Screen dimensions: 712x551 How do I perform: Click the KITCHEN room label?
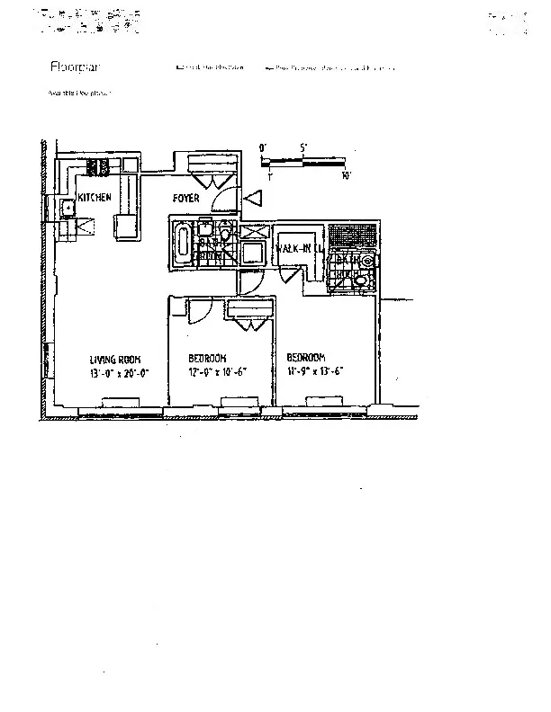tap(95, 197)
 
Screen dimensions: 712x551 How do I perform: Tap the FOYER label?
tap(186, 198)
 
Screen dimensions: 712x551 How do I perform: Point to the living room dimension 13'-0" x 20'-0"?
tap(117, 372)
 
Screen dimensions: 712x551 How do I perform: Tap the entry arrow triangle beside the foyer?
tap(253, 198)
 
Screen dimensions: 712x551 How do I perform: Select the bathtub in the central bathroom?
tap(183, 242)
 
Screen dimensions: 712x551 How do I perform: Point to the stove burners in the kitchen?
tap(97, 166)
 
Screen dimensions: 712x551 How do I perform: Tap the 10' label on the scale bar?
tap(347, 175)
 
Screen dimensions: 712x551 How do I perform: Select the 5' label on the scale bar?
tap(304, 147)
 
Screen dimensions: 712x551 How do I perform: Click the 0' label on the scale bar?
tap(263, 147)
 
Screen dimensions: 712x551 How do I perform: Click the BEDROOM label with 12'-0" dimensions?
tap(207, 359)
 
